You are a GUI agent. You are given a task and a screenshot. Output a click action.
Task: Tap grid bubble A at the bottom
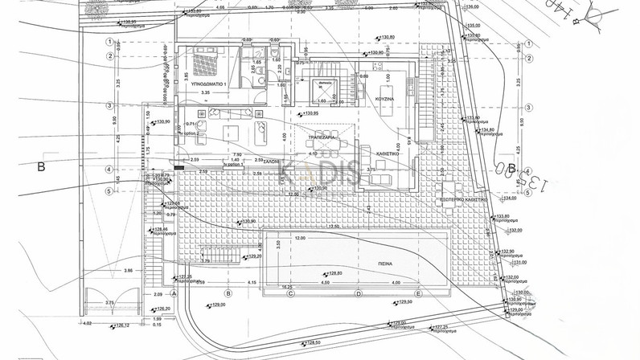click(x=174, y=294)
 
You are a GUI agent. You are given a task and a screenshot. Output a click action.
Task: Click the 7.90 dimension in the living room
click(x=236, y=154)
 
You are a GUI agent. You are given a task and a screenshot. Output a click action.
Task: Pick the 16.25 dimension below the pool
click(x=287, y=287)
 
